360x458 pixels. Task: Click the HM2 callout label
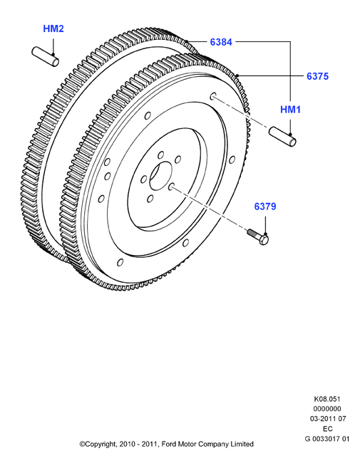point(53,28)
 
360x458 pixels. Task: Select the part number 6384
point(221,42)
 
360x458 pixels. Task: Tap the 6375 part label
point(318,76)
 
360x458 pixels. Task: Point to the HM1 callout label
point(290,110)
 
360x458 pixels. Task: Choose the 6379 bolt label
point(265,207)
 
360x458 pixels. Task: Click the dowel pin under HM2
point(46,57)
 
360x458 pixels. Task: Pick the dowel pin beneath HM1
point(282,137)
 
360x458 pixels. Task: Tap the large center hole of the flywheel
point(161,176)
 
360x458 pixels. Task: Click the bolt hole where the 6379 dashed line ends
point(172,187)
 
